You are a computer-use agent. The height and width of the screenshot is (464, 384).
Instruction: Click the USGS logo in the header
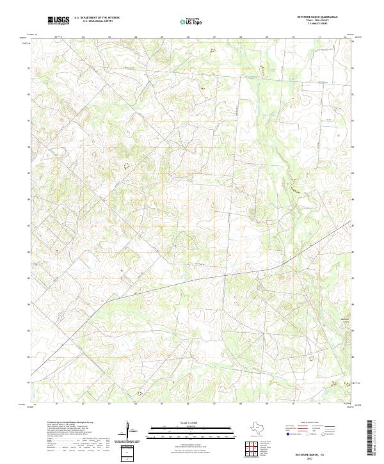coord(58,20)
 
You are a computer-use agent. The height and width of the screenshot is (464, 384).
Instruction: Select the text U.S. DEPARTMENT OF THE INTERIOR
coord(97,18)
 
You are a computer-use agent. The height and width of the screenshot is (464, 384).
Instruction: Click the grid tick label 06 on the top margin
coord(188,37)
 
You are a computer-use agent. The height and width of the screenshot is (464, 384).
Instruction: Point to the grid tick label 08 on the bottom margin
coord(241,404)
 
